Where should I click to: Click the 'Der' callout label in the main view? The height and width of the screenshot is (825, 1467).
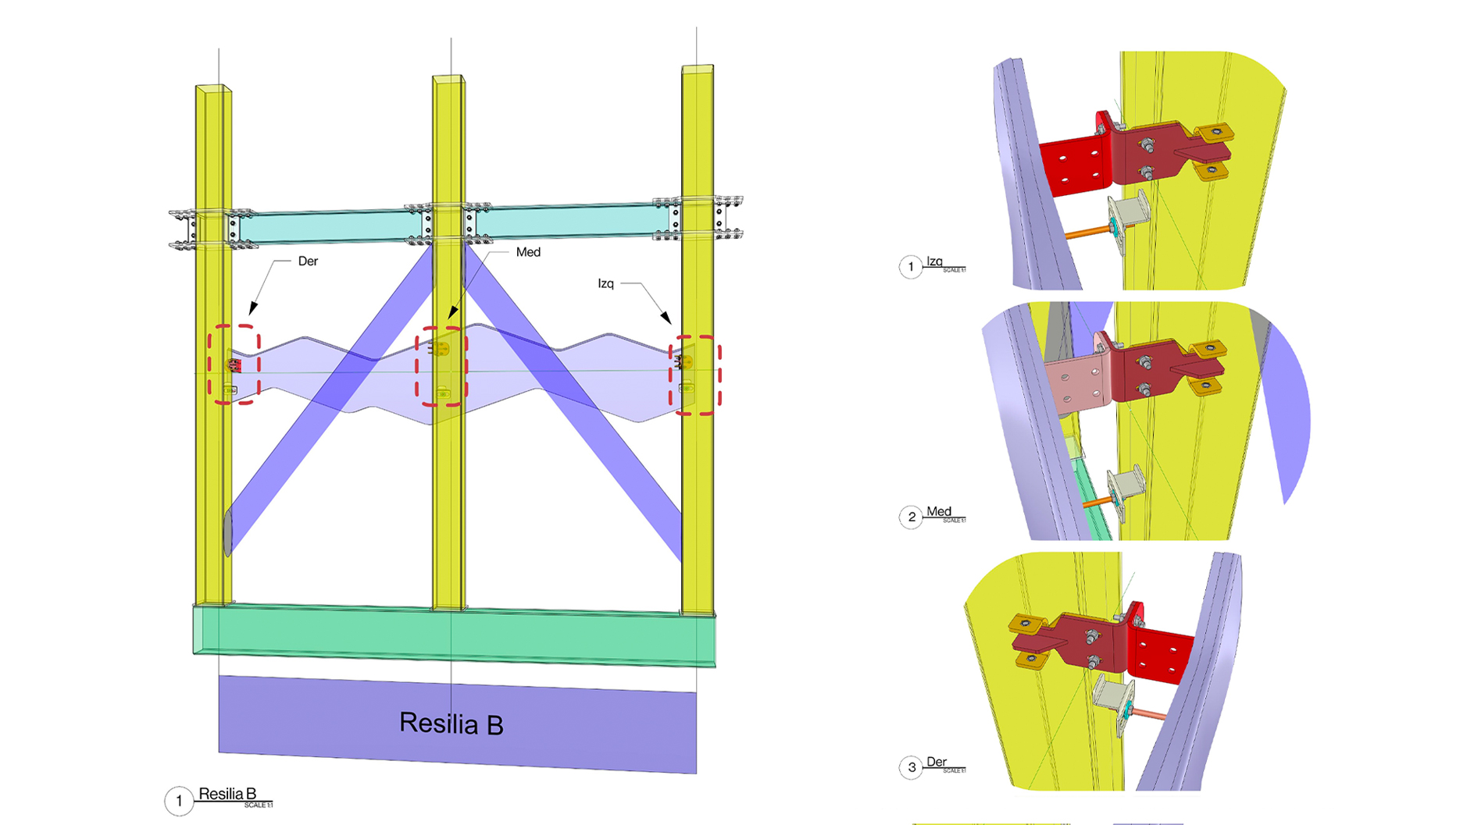click(x=308, y=261)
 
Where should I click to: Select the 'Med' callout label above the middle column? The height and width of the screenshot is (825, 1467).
click(x=528, y=252)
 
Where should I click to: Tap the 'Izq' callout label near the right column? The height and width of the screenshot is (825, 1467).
click(x=605, y=283)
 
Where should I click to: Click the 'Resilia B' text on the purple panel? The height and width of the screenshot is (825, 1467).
click(x=451, y=724)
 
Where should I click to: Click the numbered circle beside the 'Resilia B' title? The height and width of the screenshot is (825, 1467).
click(x=179, y=801)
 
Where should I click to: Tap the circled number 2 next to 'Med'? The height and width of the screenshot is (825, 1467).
click(x=911, y=517)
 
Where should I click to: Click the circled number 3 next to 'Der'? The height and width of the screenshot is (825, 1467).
click(x=911, y=767)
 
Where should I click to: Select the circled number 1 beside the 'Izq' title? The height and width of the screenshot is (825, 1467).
click(x=911, y=267)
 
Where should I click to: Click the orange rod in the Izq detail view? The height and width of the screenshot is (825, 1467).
click(x=1087, y=232)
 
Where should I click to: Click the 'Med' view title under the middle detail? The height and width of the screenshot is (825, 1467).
click(x=938, y=512)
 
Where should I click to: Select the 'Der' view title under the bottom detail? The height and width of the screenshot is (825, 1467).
click(x=936, y=762)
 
